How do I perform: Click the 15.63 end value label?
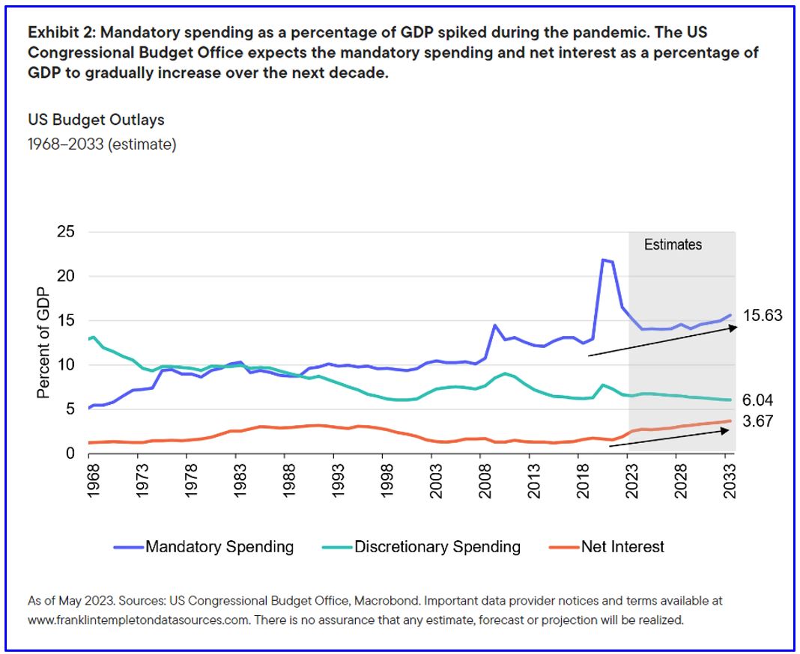(762, 316)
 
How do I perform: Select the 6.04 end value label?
(758, 400)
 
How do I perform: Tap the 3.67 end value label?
(758, 421)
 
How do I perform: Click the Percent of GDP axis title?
(43, 342)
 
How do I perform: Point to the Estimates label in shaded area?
(673, 244)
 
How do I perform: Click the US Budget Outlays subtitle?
(96, 120)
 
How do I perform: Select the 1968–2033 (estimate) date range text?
(102, 144)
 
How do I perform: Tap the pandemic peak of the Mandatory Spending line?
(604, 260)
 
